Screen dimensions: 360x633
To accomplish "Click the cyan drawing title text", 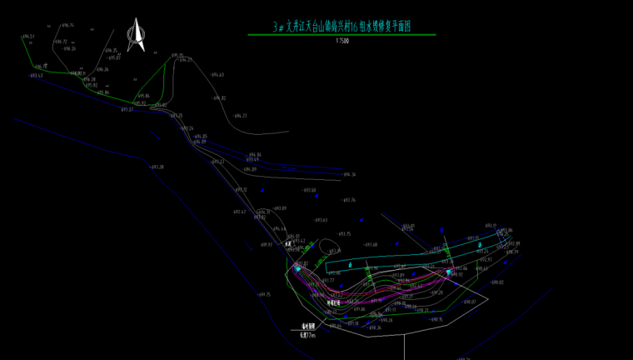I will [341, 27].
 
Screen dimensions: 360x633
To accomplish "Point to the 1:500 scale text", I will [341, 40].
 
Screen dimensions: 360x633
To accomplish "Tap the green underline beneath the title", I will [341, 35].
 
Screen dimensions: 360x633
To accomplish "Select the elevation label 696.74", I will [67, 25].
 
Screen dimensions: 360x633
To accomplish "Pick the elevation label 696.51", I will [27, 37].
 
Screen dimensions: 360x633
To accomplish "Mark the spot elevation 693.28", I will [157, 167].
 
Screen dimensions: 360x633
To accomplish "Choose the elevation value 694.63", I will [217, 75].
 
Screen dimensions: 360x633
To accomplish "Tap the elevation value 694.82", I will [219, 98].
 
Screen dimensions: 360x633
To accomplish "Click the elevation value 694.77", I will [240, 116].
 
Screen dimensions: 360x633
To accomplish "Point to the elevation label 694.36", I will [348, 175].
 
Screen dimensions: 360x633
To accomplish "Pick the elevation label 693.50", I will [308, 190].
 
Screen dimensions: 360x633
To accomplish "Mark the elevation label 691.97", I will [267, 245].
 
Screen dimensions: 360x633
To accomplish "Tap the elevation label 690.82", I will [507, 282].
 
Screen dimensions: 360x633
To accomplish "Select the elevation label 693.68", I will [371, 245].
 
